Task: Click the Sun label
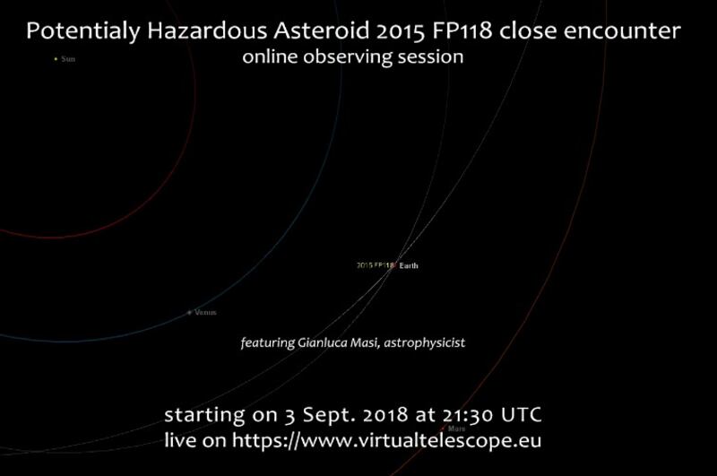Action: tap(68, 59)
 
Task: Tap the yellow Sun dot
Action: tap(56, 59)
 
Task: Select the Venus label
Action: tap(205, 313)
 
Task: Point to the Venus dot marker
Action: tap(189, 313)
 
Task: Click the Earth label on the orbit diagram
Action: tap(409, 265)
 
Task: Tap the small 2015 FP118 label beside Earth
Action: tap(375, 265)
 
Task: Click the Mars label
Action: tap(456, 428)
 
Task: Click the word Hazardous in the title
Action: tap(207, 31)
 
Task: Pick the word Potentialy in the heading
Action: tap(83, 32)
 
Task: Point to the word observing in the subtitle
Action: tap(348, 57)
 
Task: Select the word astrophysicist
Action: tap(424, 343)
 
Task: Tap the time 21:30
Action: tap(468, 415)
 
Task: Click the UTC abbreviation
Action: tap(522, 415)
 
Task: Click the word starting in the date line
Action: tap(204, 416)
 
